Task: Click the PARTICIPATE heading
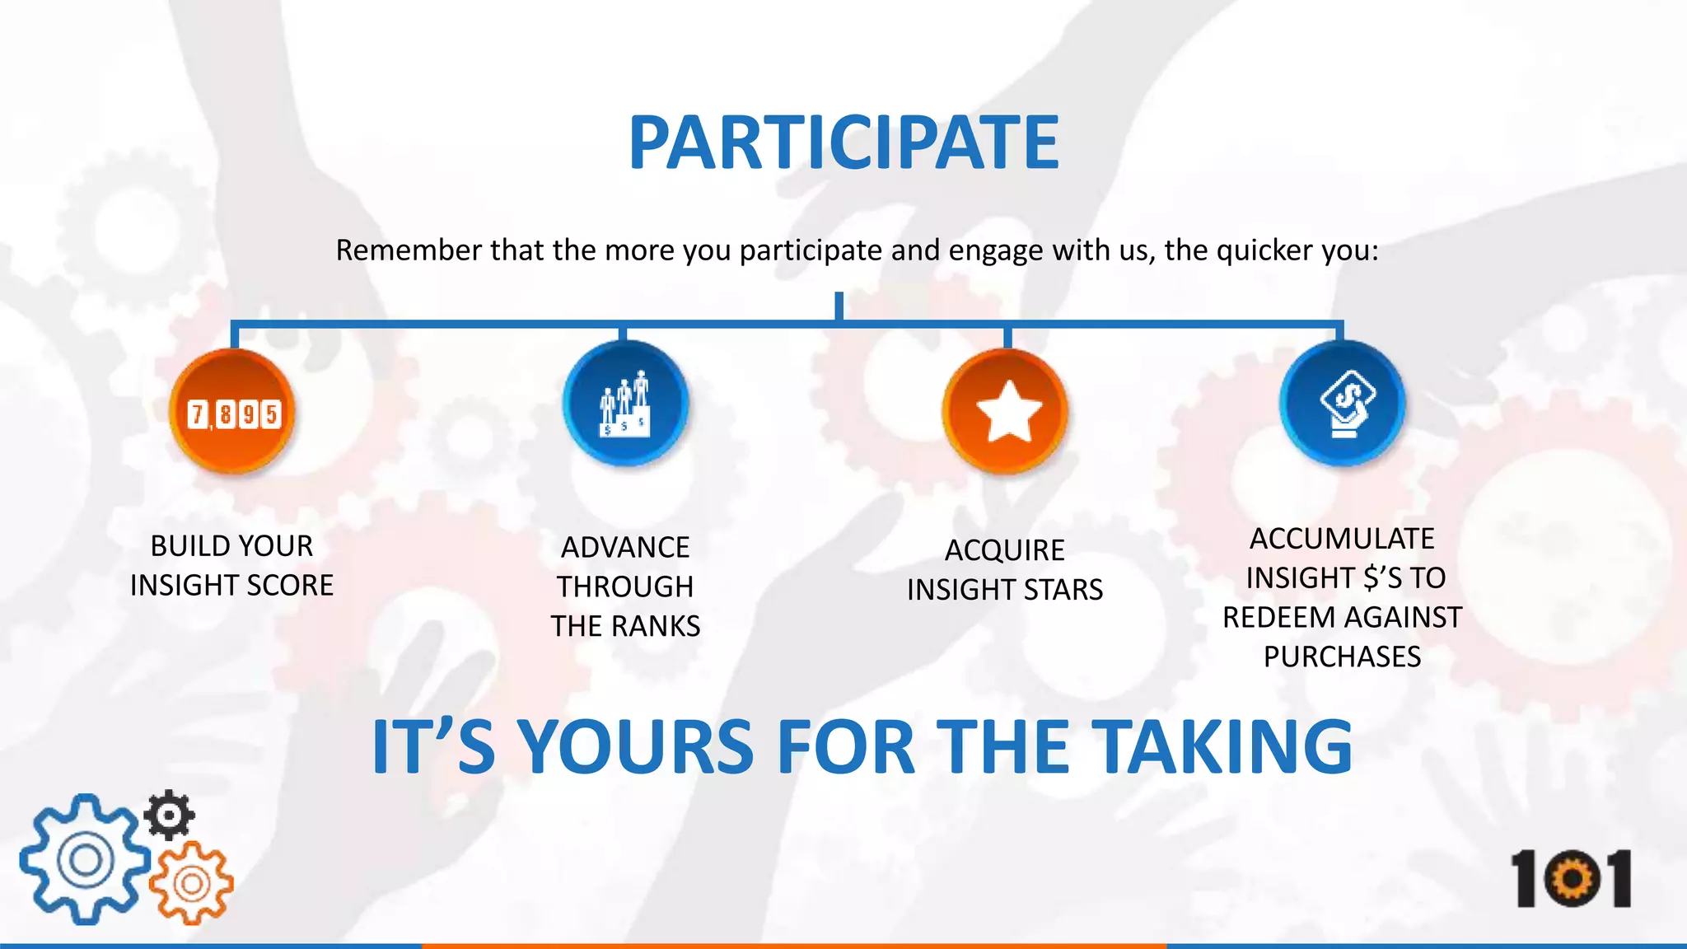point(843,143)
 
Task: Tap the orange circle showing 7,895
point(233,412)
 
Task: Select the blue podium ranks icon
point(625,404)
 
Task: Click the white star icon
point(1007,410)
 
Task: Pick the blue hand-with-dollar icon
point(1343,404)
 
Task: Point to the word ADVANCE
point(625,548)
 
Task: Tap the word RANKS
point(656,627)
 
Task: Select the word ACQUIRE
point(1004,550)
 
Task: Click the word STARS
point(1063,590)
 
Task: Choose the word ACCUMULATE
point(1342,539)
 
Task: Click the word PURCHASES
point(1342,657)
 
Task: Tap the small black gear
point(170,815)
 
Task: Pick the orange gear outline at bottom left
point(192,884)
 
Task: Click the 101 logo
point(1570,879)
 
